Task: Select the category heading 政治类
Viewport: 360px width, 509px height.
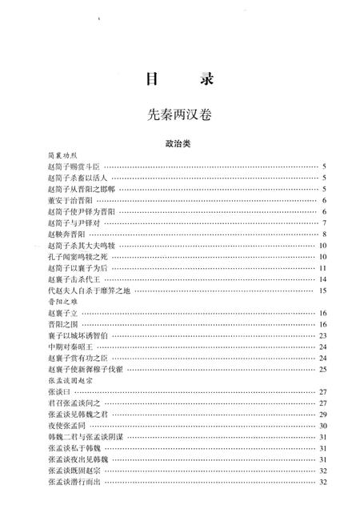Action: (179, 145)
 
